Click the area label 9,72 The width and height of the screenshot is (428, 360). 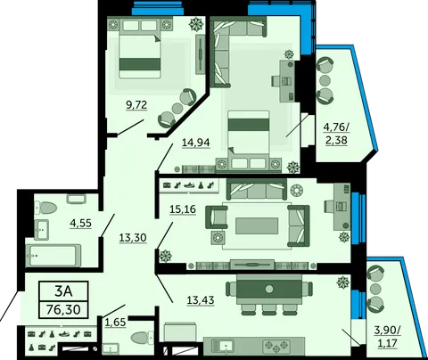click(136, 105)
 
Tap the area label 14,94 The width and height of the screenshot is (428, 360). click(196, 143)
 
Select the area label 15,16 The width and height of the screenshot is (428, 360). click(183, 209)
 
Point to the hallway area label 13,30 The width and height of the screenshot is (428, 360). click(133, 238)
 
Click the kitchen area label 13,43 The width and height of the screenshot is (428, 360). click(201, 300)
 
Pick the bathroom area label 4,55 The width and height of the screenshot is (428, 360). click(80, 223)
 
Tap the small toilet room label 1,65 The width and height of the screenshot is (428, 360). click(116, 322)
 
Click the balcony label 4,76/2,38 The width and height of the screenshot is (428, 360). click(336, 134)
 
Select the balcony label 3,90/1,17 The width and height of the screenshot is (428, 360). click(387, 337)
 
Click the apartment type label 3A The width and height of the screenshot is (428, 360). click(63, 291)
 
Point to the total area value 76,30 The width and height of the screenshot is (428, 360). click(63, 310)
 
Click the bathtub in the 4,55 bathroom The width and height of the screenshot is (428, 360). click(53, 256)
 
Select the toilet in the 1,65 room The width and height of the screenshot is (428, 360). click(142, 338)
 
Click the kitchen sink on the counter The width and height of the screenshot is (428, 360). click(226, 347)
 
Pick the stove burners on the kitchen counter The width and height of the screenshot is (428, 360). click(276, 347)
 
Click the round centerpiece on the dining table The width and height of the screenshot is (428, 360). click(269, 289)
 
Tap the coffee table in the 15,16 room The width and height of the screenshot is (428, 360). click(257, 225)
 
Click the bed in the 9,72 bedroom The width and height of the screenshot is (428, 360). click(140, 49)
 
